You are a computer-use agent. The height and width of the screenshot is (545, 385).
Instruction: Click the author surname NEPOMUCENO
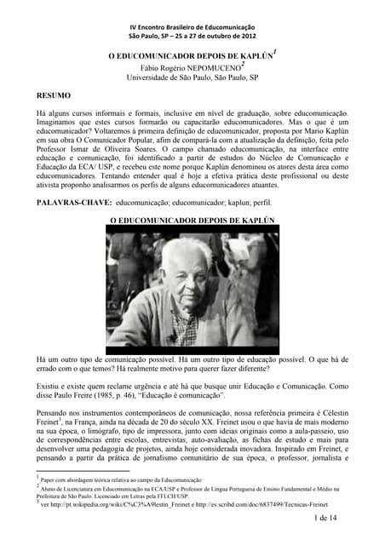tap(216, 67)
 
